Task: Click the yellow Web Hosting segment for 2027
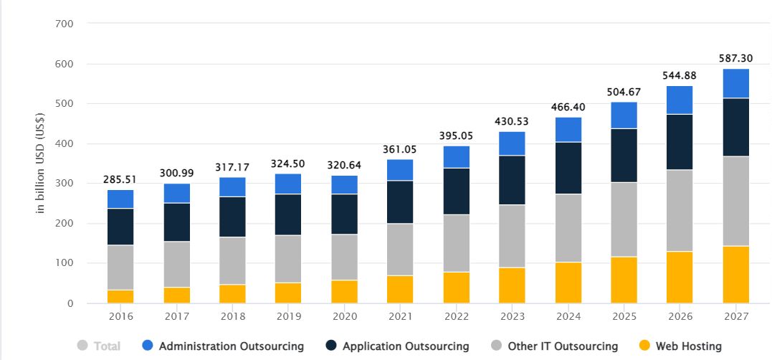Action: (x=735, y=275)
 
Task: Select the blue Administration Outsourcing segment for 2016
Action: (x=120, y=199)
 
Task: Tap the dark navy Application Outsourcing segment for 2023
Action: (x=511, y=180)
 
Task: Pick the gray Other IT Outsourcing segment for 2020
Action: (x=345, y=257)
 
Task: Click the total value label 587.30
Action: (x=735, y=58)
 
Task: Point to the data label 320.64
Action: (x=345, y=164)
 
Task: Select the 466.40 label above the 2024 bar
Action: (x=568, y=107)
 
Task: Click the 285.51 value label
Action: (x=120, y=179)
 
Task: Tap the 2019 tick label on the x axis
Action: (x=289, y=317)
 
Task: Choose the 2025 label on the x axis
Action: (x=624, y=317)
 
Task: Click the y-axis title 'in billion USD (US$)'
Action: (x=41, y=163)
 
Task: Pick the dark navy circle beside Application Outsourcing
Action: (x=330, y=346)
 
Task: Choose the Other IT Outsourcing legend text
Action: (x=563, y=346)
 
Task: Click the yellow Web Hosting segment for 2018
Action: (x=233, y=294)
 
